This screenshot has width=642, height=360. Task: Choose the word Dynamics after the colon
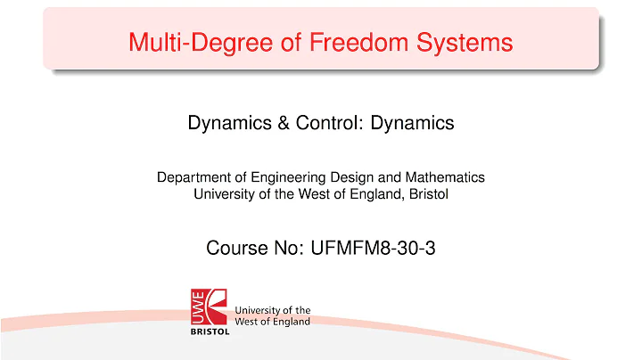413,123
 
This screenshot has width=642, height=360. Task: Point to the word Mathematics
443,177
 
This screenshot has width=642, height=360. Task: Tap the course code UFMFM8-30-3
372,249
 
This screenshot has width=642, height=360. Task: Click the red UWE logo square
210,306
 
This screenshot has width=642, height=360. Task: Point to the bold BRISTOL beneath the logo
210,331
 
